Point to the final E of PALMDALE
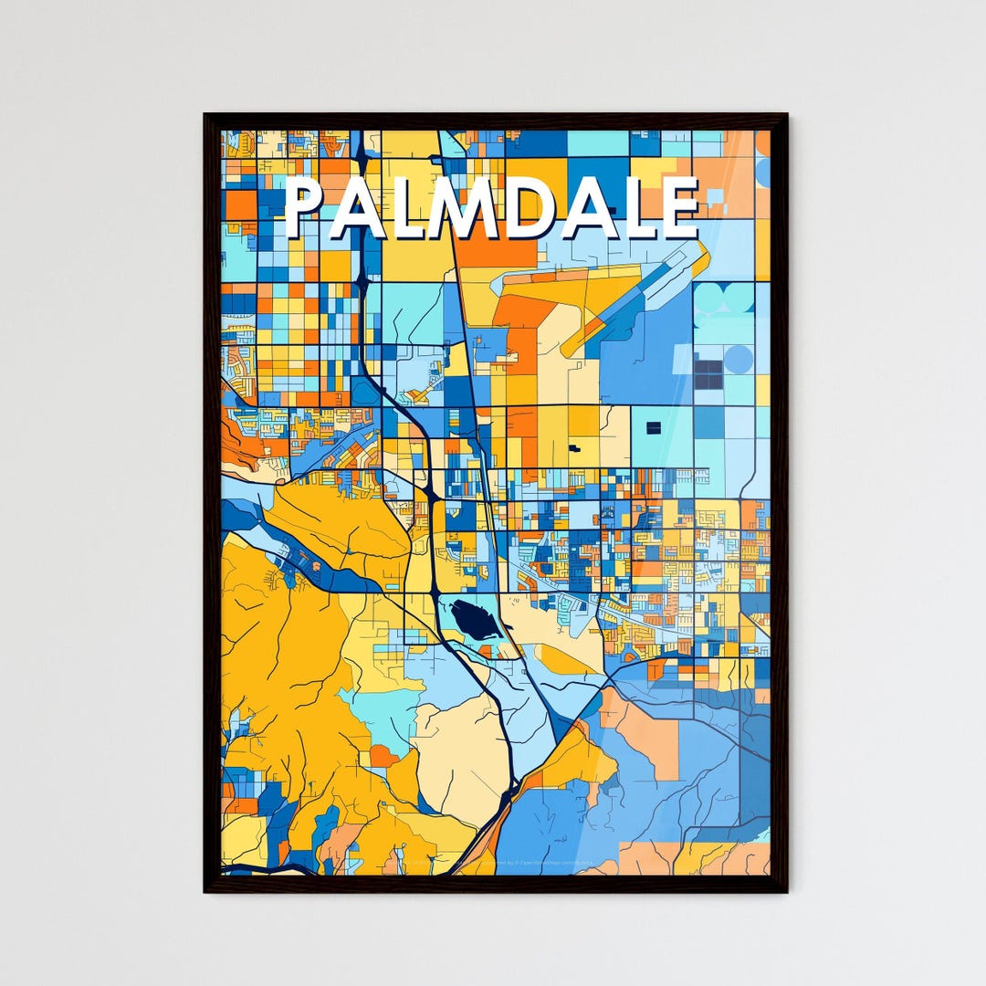pyautogui.click(x=680, y=208)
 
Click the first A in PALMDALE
pyautogui.click(x=357, y=208)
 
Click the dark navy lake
pyautogui.click(x=475, y=621)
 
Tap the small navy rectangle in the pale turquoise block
pyautogui.click(x=653, y=427)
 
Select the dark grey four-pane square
pyautogui.click(x=708, y=373)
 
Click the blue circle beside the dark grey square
pyautogui.click(x=739, y=359)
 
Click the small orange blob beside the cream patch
pyautogui.click(x=383, y=756)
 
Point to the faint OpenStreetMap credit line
pyautogui.click(x=511, y=862)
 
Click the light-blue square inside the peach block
pyautogui.click(x=716, y=195)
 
